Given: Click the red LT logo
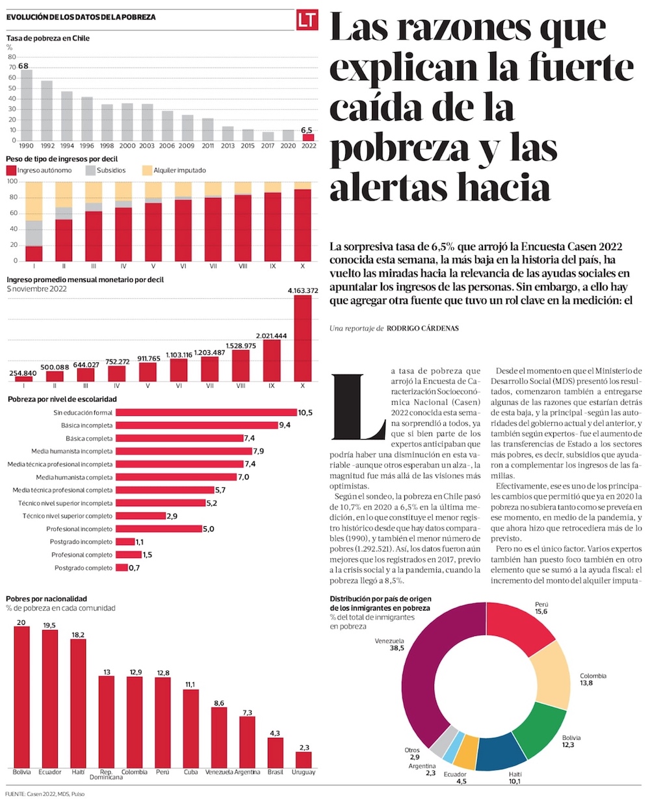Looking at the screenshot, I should tap(307, 20).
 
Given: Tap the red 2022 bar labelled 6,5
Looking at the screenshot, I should tap(308, 137).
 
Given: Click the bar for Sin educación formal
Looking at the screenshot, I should tap(205, 412).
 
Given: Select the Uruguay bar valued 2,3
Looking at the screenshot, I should tap(304, 759).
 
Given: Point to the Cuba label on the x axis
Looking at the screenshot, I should tap(190, 772).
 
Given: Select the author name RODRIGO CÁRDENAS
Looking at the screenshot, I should tap(423, 329).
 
